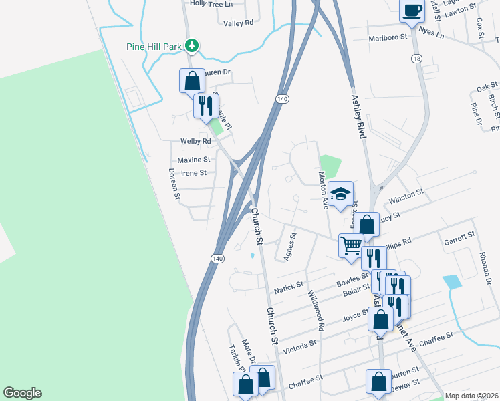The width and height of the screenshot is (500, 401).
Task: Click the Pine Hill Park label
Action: (154, 47)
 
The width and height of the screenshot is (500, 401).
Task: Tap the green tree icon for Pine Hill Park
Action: (193, 45)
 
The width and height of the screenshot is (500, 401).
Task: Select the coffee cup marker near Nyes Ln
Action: (412, 11)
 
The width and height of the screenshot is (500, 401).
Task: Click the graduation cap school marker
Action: (341, 194)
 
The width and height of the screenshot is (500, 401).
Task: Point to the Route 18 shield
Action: (416, 59)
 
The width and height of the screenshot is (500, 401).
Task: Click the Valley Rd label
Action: (239, 23)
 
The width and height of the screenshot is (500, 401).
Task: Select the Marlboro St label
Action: (388, 38)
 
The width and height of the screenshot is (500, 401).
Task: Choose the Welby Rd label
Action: (195, 142)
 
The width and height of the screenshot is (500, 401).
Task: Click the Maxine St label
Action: (194, 160)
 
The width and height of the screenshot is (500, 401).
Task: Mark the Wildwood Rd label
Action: (315, 311)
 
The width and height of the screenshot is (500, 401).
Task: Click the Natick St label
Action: (289, 291)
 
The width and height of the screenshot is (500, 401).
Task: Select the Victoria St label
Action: (299, 346)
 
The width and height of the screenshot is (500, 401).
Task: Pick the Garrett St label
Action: (459, 235)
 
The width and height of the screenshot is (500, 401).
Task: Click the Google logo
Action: (23, 393)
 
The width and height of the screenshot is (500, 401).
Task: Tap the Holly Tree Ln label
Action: (211, 3)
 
